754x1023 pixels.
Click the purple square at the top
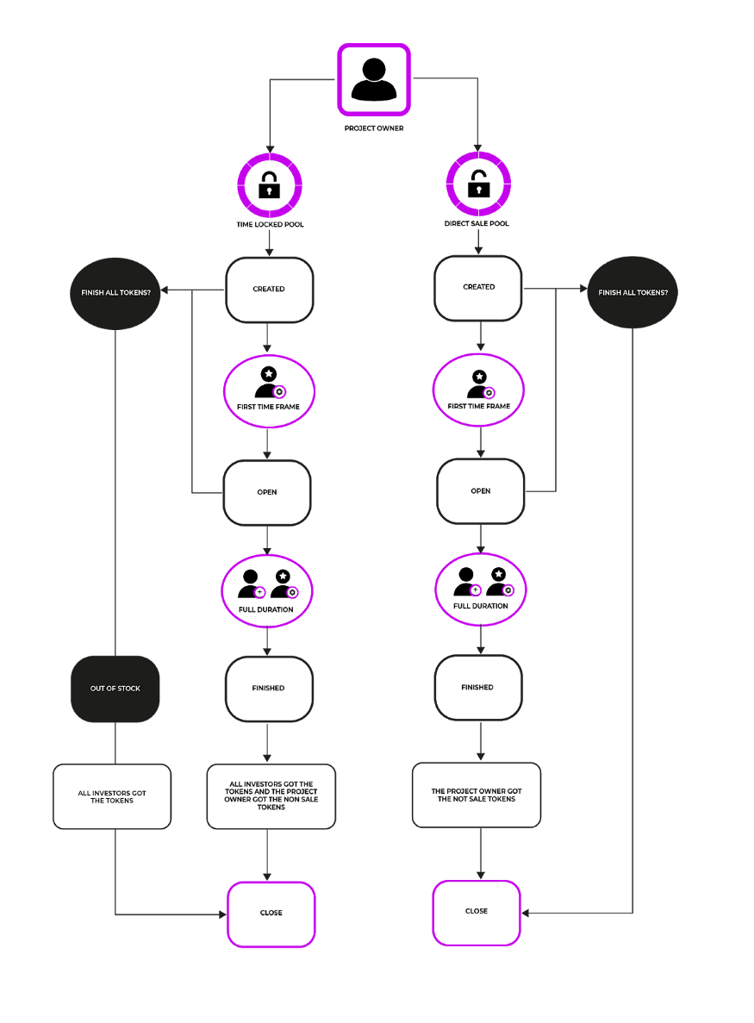374,79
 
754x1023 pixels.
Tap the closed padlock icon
269,185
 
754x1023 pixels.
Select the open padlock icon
478,184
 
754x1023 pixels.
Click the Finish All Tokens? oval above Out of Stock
115,293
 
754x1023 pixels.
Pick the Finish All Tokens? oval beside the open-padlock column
632,292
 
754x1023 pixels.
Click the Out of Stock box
115,689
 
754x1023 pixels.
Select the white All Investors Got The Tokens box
112,796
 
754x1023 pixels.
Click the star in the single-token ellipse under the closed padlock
269,373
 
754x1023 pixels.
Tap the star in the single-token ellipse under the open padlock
480,376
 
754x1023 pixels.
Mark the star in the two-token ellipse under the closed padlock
283,575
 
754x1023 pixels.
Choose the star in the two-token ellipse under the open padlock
498,573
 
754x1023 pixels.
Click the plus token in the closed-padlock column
260,592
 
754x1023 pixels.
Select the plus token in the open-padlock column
476,590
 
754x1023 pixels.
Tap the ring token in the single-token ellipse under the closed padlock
279,392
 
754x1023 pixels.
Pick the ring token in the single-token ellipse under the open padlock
489,393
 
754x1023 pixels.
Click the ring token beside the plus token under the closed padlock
292,592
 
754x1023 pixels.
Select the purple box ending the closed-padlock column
271,914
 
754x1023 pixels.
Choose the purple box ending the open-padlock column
477,913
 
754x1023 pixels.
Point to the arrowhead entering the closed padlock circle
270,148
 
